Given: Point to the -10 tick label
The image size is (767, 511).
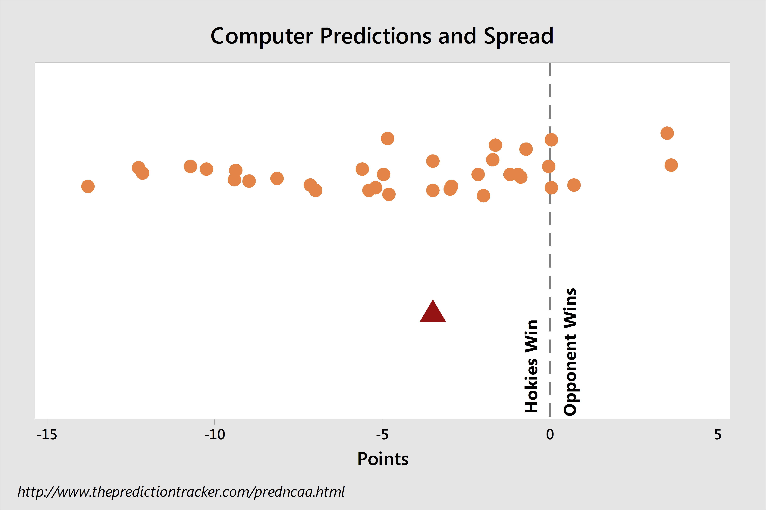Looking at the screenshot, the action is (215, 435).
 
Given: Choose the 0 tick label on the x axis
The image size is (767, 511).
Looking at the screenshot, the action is (550, 435).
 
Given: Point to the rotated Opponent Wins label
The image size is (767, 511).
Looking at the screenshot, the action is (570, 352).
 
